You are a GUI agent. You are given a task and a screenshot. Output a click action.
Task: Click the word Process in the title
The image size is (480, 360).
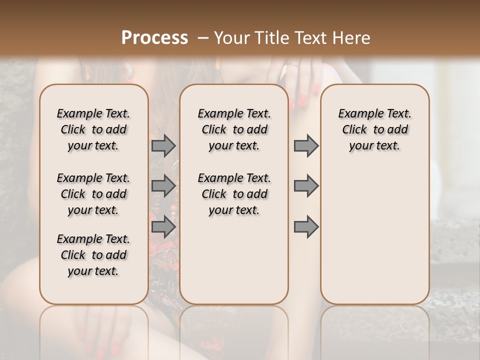154,38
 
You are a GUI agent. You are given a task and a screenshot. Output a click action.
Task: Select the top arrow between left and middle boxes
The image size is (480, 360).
163,145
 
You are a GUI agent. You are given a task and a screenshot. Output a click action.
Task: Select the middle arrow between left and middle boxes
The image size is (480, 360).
163,186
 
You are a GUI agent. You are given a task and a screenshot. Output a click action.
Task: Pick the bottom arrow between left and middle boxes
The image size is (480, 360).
163,227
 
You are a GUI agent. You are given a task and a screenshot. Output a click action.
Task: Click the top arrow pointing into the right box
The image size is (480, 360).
306,145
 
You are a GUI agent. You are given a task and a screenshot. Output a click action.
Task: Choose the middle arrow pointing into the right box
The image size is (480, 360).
306,186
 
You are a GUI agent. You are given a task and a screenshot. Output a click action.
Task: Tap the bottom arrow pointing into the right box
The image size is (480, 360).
306,227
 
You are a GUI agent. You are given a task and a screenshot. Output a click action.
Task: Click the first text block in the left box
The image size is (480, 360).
93,129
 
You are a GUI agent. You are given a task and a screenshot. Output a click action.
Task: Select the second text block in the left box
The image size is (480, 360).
93,194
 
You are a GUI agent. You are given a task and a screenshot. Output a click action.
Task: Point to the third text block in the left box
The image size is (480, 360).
93,255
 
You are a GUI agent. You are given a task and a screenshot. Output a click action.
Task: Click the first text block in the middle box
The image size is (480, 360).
234,129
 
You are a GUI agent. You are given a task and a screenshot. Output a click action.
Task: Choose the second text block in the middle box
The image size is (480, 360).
234,194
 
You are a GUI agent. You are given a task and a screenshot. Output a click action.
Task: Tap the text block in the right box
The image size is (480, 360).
374,129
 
